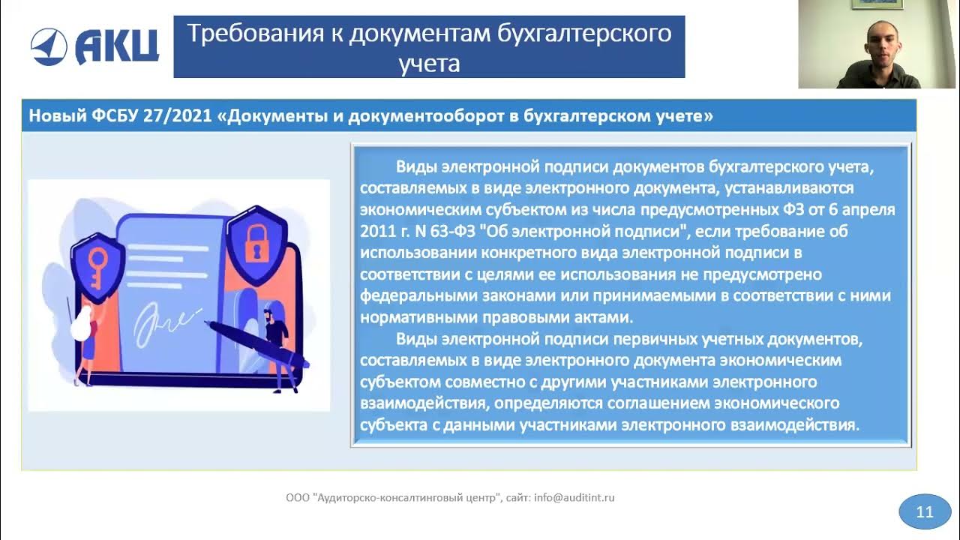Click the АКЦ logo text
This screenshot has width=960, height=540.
(117, 46)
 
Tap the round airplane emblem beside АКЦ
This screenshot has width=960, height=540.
(49, 46)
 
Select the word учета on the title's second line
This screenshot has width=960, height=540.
(429, 63)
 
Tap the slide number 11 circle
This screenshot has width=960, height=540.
(924, 512)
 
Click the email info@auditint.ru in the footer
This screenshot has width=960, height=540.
(574, 497)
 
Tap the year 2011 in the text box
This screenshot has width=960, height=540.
(377, 231)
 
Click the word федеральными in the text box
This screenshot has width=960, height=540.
(410, 295)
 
